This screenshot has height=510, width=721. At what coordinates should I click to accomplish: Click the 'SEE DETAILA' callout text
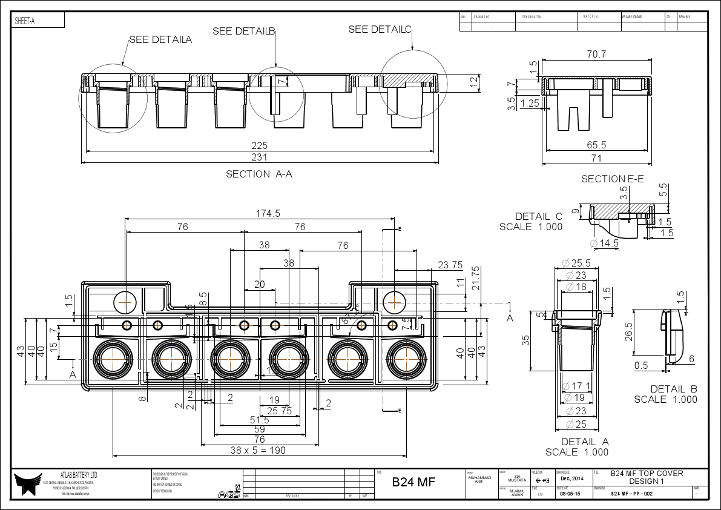pyautogui.click(x=160, y=40)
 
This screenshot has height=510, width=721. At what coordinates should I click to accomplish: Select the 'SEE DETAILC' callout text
pyautogui.click(x=380, y=30)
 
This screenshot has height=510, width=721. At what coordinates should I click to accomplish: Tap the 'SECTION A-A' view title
pyautogui.click(x=259, y=174)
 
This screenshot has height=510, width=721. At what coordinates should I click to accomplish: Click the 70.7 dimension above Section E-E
pyautogui.click(x=596, y=55)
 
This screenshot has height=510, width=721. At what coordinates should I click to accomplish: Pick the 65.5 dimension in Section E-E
pyautogui.click(x=596, y=145)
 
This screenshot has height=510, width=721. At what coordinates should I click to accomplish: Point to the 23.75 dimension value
pyautogui.click(x=450, y=265)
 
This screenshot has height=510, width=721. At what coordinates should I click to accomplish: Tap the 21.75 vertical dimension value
pyautogui.click(x=476, y=278)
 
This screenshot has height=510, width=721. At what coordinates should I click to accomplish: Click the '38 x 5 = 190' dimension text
pyautogui.click(x=258, y=450)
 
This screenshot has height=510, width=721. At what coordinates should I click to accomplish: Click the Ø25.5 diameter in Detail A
pyautogui.click(x=576, y=263)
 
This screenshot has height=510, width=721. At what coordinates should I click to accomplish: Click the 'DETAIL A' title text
pyautogui.click(x=584, y=442)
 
